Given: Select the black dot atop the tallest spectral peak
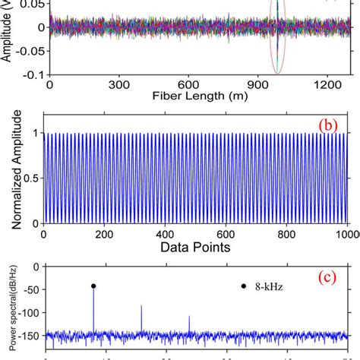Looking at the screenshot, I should pyautogui.click(x=93, y=286).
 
